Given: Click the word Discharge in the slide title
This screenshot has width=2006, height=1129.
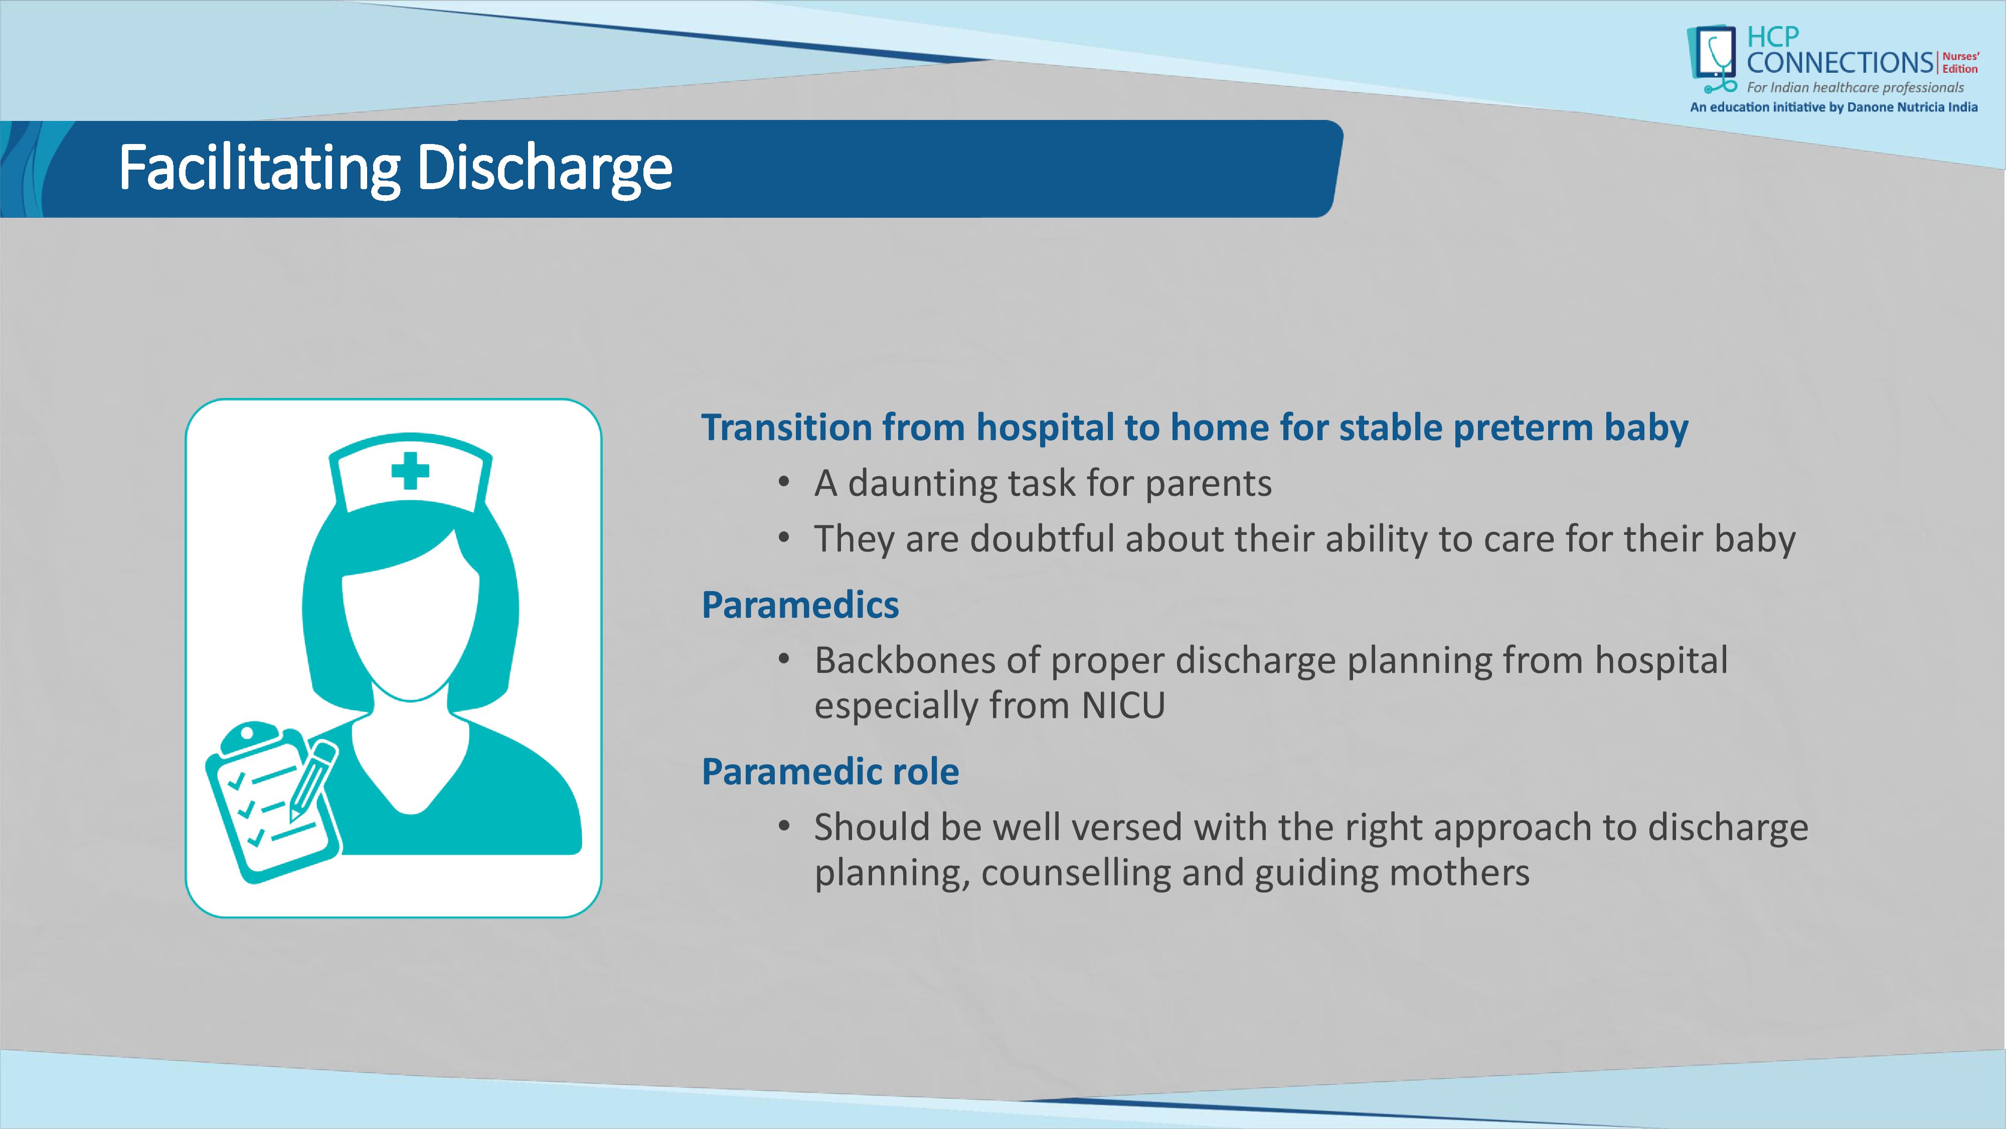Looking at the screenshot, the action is click(x=544, y=168).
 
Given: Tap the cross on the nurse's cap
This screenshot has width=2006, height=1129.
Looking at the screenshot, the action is click(x=410, y=471).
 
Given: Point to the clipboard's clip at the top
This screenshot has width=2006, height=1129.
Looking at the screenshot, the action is click(x=249, y=736).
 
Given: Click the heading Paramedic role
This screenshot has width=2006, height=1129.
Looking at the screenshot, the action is click(x=830, y=771).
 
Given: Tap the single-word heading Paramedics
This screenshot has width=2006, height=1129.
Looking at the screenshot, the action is click(x=800, y=605).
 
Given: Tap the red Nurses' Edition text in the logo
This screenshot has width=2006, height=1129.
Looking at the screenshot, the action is click(x=1960, y=62).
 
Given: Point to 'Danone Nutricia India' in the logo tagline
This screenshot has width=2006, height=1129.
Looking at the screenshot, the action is click(x=1912, y=107).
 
